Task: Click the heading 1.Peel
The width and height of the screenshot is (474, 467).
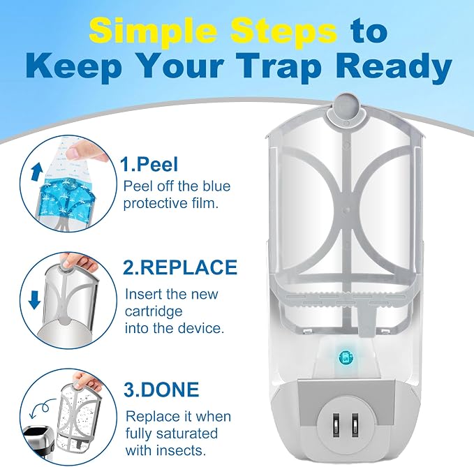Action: coord(149,165)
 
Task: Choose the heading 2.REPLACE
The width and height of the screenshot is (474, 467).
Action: coord(181,267)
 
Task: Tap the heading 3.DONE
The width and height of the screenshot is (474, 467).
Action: coord(161,390)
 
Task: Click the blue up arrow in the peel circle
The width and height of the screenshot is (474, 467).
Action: coord(35,172)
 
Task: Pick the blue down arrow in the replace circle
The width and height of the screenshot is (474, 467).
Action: coord(34,300)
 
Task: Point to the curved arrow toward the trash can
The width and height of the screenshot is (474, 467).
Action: coord(43,407)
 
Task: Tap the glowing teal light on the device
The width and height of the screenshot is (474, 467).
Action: coord(346,357)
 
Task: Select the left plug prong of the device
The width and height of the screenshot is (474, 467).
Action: coord(336,425)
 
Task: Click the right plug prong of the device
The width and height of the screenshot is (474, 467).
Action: coord(355,425)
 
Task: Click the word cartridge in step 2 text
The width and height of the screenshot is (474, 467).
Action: coord(154,311)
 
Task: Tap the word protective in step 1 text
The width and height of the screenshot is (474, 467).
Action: coord(150,204)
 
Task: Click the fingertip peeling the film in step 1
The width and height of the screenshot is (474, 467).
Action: coord(73,153)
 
